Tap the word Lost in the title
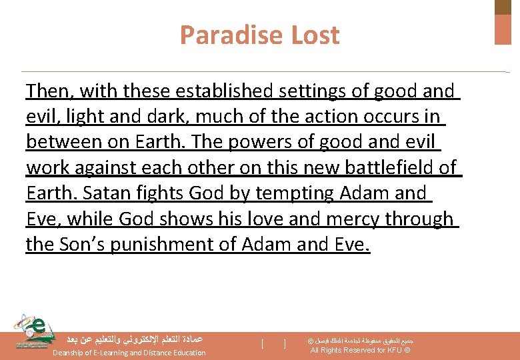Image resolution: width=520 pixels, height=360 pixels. (313, 35)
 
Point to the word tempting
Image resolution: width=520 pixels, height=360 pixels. (289, 193)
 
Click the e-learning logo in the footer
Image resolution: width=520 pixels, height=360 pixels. (33, 331)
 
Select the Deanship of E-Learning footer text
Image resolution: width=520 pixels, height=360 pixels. (129, 353)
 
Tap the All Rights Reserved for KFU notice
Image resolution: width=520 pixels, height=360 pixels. (360, 350)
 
